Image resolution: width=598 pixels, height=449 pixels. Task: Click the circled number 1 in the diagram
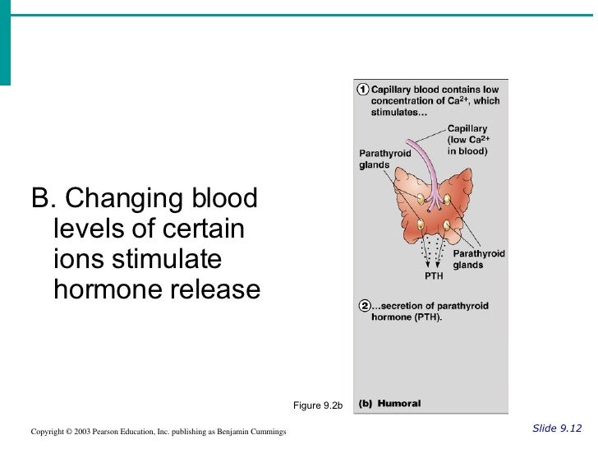361,89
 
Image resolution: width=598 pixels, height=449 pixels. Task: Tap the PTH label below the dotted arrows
434,276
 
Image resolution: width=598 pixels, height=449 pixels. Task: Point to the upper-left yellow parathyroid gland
421,199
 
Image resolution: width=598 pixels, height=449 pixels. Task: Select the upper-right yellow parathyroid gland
447,199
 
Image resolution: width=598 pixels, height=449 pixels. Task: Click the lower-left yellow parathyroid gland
421,224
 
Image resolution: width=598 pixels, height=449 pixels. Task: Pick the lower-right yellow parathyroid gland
447,224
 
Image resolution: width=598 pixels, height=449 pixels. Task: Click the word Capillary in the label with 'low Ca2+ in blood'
467,129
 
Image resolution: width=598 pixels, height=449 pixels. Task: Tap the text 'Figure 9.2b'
318,405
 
